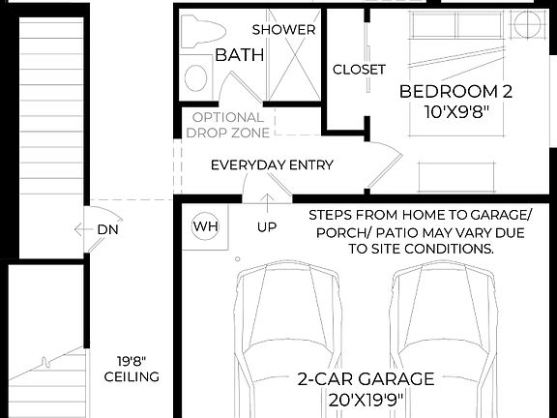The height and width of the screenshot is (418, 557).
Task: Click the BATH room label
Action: click(x=239, y=55)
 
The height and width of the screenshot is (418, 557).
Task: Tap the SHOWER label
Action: click(x=283, y=29)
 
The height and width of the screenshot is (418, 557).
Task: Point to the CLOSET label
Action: click(x=359, y=70)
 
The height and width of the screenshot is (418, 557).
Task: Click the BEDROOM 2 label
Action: click(x=455, y=92)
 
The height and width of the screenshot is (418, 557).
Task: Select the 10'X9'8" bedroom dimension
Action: click(x=455, y=111)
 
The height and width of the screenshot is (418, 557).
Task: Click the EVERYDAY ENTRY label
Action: click(x=272, y=164)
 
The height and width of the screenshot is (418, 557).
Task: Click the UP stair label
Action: click(x=267, y=228)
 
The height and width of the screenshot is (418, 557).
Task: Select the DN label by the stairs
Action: click(x=108, y=229)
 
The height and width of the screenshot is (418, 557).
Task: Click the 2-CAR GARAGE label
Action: click(x=365, y=379)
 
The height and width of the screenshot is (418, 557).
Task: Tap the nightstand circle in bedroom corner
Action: click(x=531, y=26)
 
